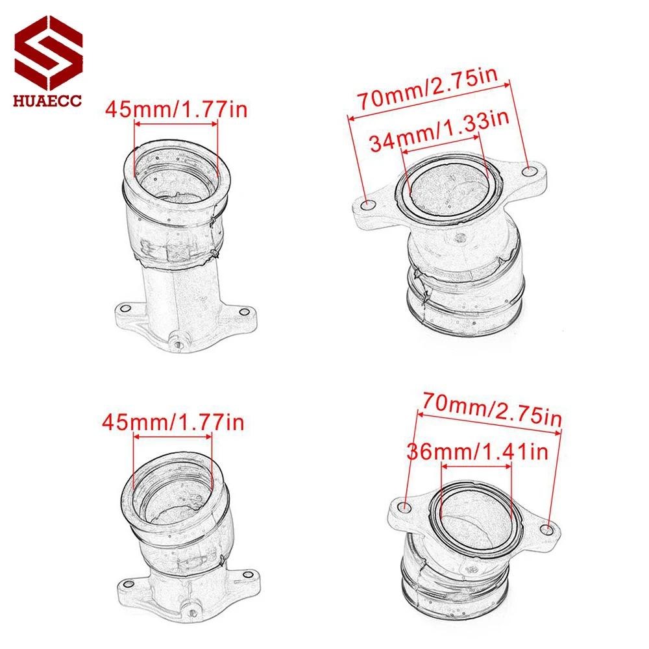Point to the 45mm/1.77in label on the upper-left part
[x=175, y=108]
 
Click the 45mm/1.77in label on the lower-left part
[x=173, y=422]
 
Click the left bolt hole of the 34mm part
[x=369, y=205]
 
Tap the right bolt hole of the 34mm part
[x=532, y=171]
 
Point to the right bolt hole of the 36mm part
[x=548, y=530]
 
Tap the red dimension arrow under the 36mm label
[x=476, y=466]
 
